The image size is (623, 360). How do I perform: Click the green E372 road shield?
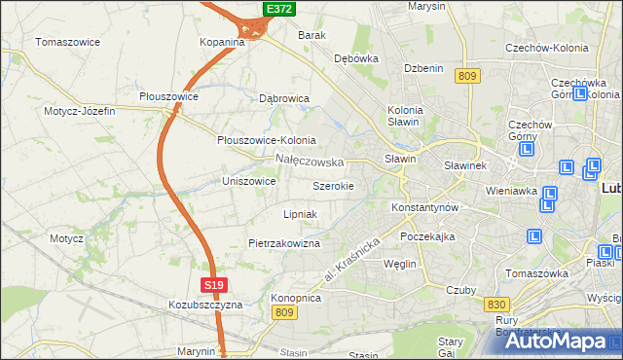[x=279, y=9]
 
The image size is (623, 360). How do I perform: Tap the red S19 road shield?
[x=216, y=285]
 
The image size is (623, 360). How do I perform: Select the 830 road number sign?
[x=495, y=305]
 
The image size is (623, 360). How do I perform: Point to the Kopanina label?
[x=222, y=43]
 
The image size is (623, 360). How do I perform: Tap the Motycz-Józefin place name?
[x=79, y=111]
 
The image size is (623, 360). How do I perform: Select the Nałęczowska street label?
[x=310, y=160]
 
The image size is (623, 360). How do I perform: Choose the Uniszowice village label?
[x=249, y=181]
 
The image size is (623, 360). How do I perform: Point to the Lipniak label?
[x=299, y=213]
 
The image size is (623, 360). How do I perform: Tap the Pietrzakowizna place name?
[x=284, y=243]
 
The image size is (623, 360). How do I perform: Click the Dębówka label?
[x=355, y=58]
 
